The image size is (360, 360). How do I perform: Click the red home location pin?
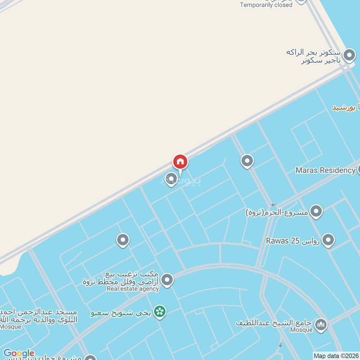click(180, 162)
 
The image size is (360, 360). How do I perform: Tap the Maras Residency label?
click(325, 170)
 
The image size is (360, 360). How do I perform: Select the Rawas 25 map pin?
click(328, 240)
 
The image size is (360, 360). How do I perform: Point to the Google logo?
click(18, 353)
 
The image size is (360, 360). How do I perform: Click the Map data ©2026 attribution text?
click(336, 355)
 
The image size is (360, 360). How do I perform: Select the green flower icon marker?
click(159, 311)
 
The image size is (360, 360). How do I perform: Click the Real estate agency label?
click(133, 289)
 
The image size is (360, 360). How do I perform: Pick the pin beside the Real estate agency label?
click(167, 280)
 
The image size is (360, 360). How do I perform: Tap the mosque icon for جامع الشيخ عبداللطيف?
click(320, 324)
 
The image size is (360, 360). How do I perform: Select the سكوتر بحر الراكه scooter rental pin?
click(349, 55)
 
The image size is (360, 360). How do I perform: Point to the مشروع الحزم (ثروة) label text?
click(276, 212)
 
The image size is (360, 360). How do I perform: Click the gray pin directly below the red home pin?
click(171, 179)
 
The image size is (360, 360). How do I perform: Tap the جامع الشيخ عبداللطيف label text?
click(274, 323)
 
